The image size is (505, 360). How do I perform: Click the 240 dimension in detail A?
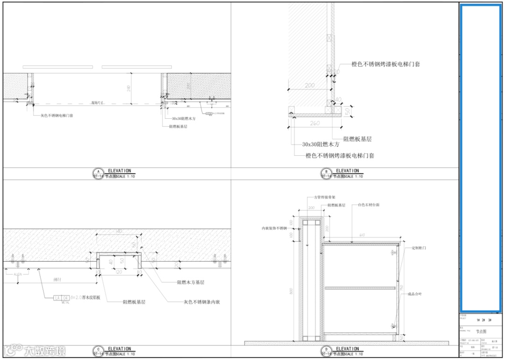(129, 88)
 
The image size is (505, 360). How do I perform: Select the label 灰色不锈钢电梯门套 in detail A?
(57, 115)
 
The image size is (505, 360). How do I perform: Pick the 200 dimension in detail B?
(309, 86)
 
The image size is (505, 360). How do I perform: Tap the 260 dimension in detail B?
(314, 123)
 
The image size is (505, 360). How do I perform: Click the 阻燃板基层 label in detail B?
(357, 139)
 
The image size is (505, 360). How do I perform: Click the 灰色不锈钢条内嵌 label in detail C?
(202, 302)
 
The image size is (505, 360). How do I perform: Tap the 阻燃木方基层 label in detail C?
(191, 282)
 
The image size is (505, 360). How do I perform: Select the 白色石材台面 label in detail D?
(372, 205)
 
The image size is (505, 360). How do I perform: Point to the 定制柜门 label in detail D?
(419, 248)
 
